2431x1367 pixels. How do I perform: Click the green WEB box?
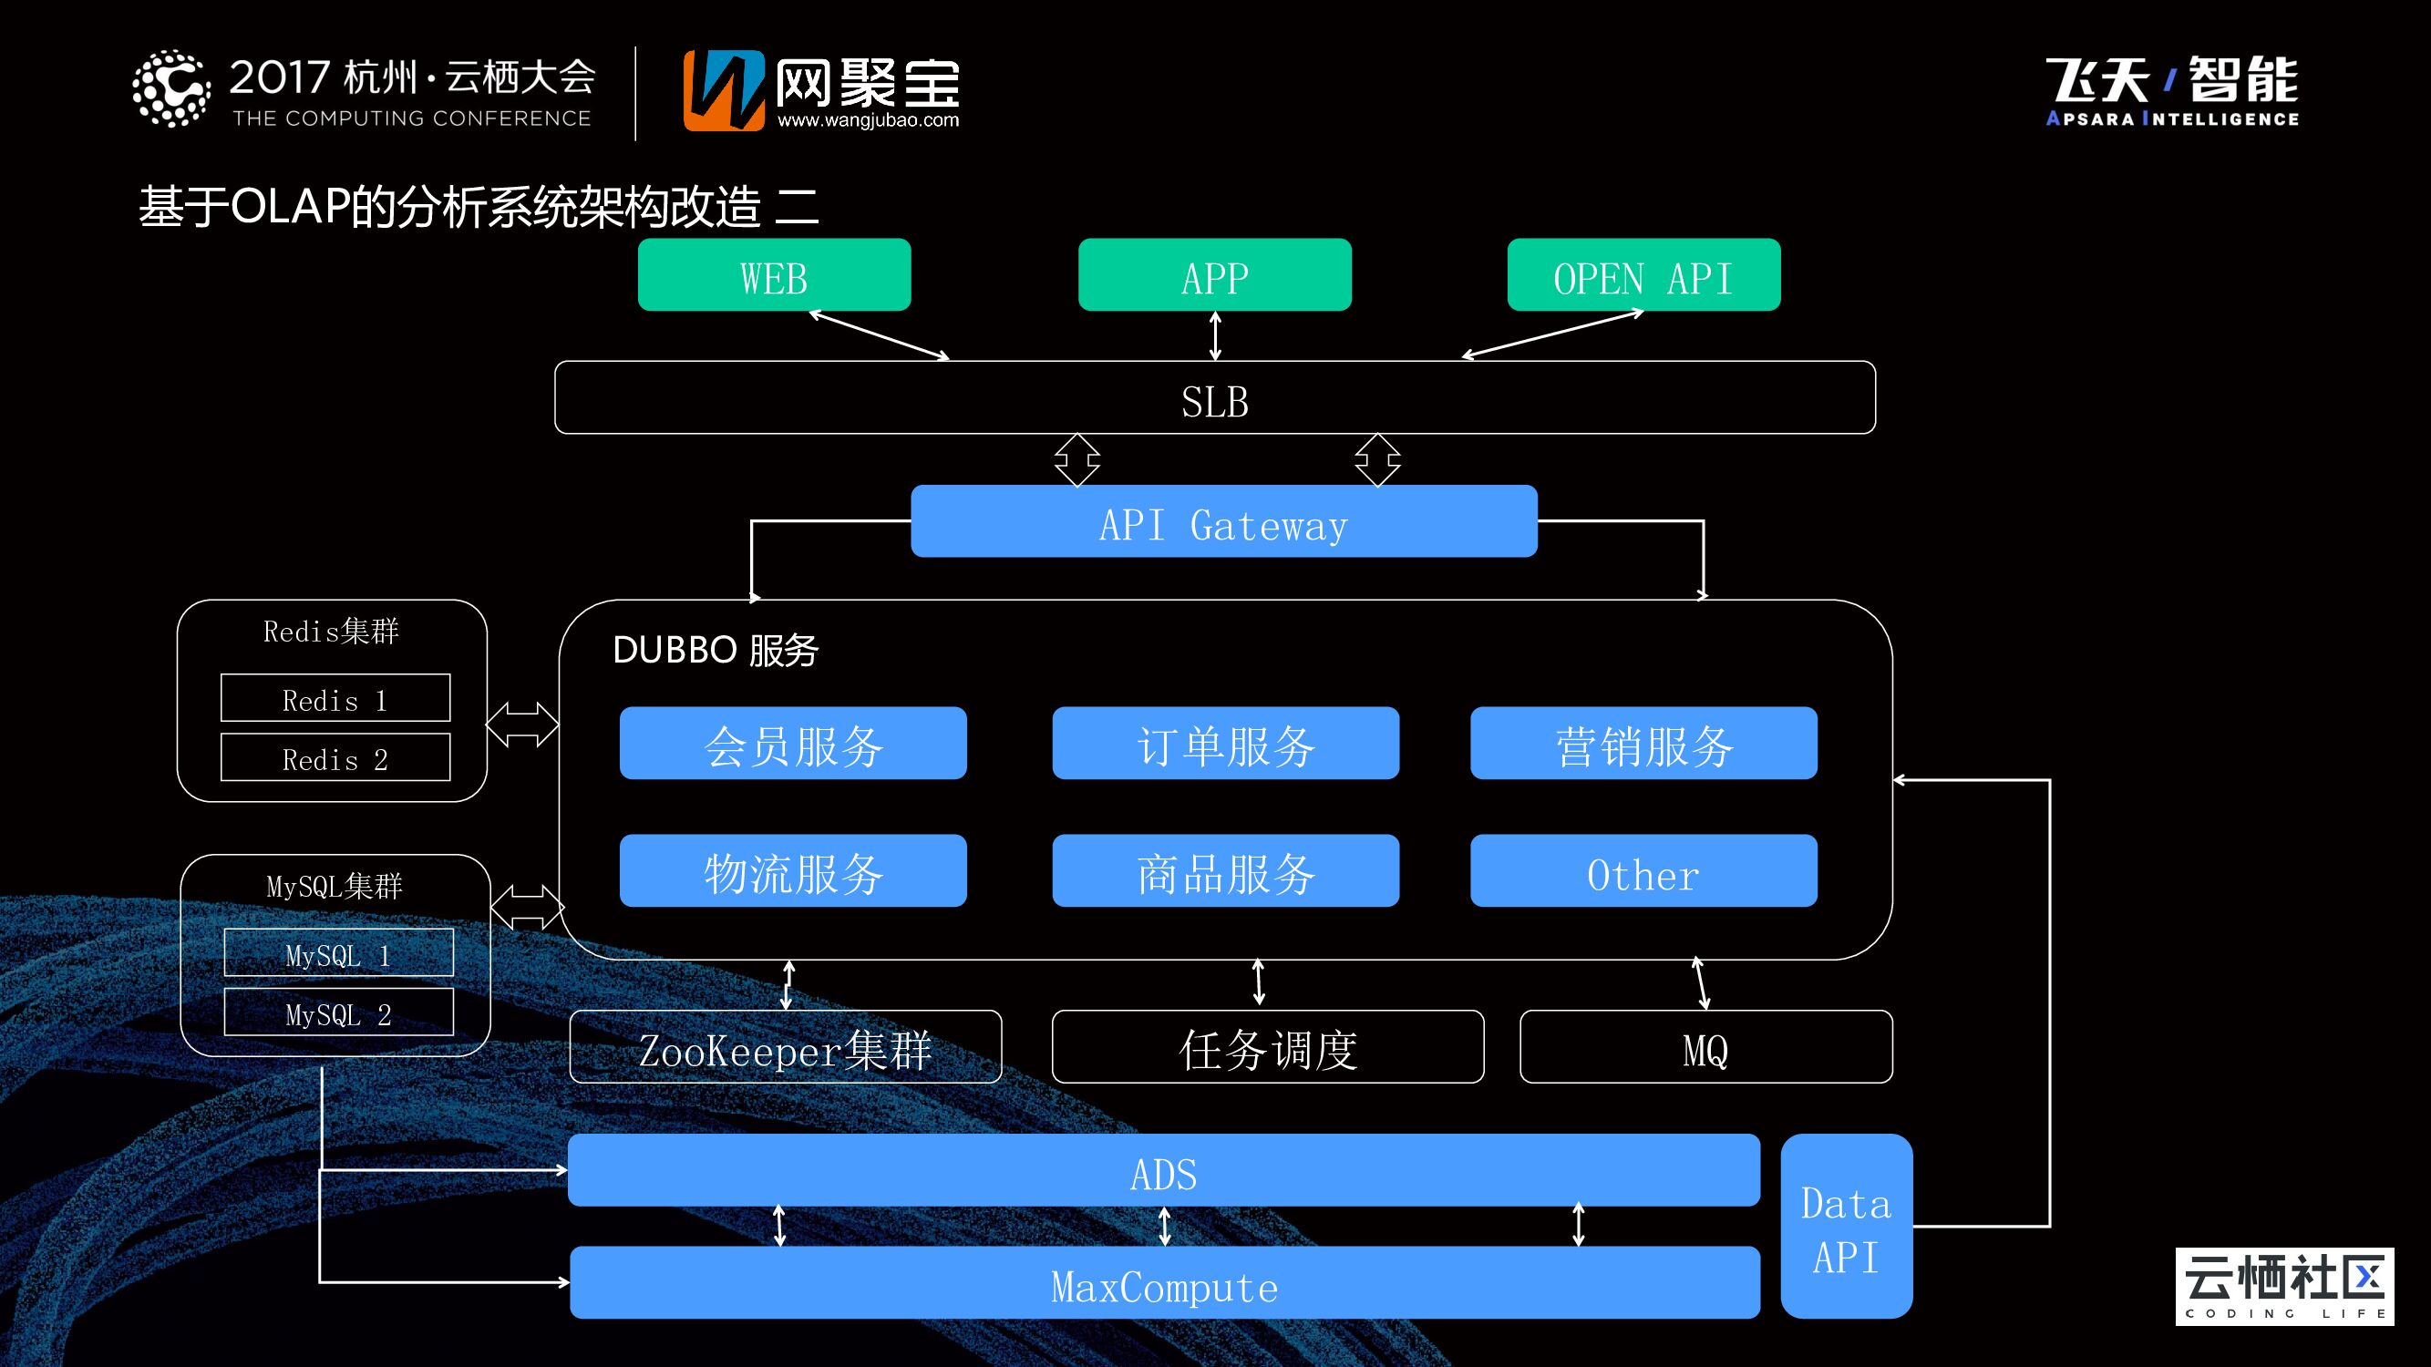tap(774, 275)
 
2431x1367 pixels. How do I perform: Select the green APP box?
tap(1214, 275)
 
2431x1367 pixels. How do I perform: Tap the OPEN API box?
tap(1643, 275)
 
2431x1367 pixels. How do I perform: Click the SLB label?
tap(1214, 402)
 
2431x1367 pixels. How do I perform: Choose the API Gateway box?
tap(1223, 521)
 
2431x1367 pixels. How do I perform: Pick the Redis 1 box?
tap(335, 698)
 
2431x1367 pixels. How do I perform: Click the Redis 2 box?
tap(335, 757)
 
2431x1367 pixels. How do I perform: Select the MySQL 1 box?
tap(338, 953)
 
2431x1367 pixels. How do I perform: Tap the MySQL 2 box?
tap(338, 1012)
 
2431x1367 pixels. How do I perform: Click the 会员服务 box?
tap(793, 744)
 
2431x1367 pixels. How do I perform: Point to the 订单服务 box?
tap(1225, 744)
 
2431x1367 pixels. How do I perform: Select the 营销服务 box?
tap(1643, 744)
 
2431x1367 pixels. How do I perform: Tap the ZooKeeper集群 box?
tap(785, 1047)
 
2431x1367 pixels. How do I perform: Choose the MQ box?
tap(1705, 1047)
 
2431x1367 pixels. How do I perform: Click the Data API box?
tap(1846, 1227)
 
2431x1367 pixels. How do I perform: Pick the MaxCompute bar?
tap(1164, 1283)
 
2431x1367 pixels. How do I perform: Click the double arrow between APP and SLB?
tap(1216, 336)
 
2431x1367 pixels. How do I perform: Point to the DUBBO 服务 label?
tap(716, 650)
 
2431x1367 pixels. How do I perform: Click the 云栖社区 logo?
tap(2283, 1286)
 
